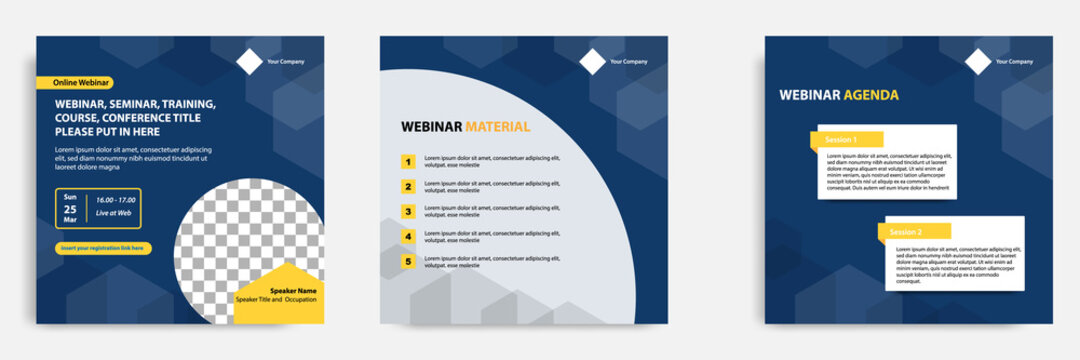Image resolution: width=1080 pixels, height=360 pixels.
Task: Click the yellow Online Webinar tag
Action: point(75,83)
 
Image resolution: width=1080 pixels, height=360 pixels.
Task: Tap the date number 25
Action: point(70,209)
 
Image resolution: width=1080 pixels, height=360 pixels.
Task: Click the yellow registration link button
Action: point(102,248)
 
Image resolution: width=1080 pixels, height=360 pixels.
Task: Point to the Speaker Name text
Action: point(292,290)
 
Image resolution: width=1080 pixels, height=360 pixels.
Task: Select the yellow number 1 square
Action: point(408,161)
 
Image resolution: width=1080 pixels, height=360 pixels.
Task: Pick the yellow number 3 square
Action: point(408,211)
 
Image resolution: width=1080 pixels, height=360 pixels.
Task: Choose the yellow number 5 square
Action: point(408,262)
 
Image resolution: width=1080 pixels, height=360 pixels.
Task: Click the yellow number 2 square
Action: point(408,186)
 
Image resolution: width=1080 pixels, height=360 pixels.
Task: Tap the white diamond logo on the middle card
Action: point(593,62)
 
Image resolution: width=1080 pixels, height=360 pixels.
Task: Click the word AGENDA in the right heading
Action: point(871,95)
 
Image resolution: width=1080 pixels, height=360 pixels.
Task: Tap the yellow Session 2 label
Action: point(912,232)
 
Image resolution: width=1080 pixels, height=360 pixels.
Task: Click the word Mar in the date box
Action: point(70,222)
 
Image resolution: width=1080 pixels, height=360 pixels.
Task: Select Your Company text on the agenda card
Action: point(1014,62)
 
